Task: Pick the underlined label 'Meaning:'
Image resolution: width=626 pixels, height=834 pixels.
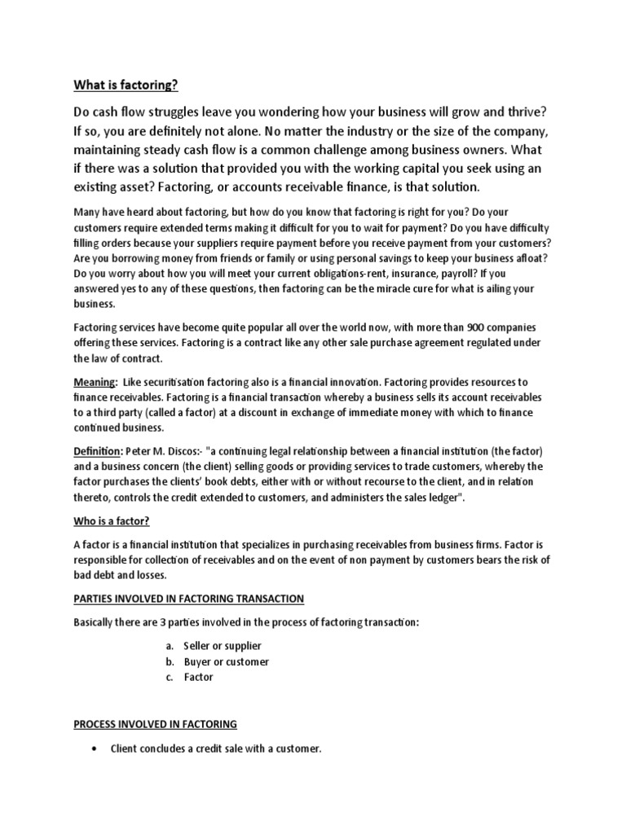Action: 95,382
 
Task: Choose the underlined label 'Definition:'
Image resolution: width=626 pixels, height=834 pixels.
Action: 98,451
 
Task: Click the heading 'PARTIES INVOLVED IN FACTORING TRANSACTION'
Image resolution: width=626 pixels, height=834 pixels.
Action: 189,599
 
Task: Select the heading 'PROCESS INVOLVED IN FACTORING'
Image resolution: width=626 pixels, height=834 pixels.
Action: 155,723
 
